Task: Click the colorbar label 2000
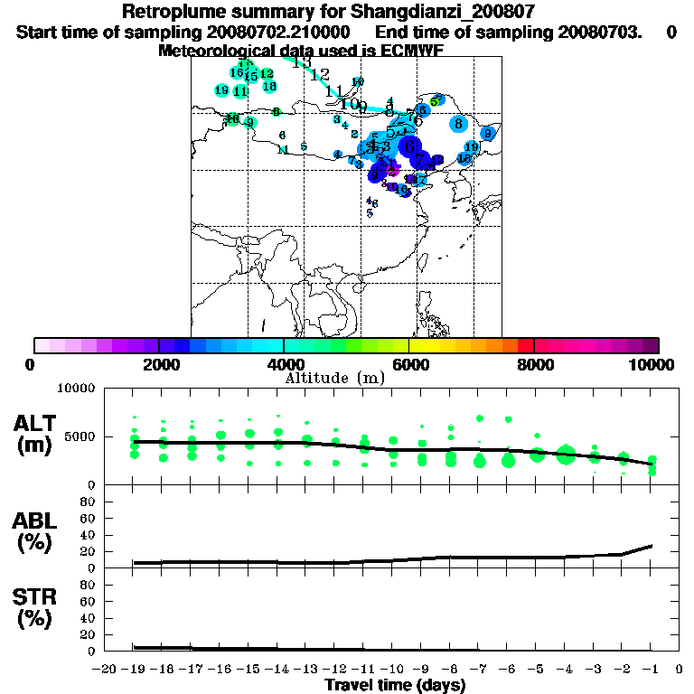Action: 159,364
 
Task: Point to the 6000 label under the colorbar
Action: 409,364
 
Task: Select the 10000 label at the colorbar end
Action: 651,364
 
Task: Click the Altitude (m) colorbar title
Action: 334,378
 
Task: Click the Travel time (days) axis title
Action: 395,686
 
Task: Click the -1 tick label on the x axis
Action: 650,670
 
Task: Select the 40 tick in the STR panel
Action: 89,618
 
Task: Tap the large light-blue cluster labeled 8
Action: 459,123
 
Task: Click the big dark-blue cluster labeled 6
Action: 410,145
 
